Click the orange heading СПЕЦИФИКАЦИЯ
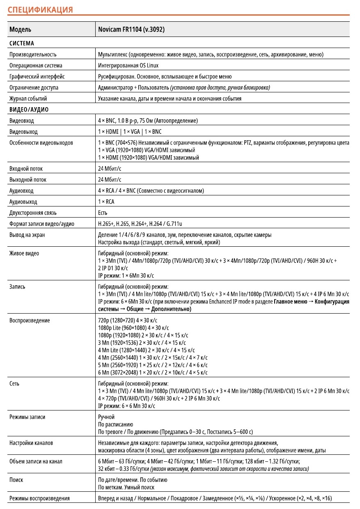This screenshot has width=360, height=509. tap(40, 10)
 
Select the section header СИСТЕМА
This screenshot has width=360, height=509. tap(22, 43)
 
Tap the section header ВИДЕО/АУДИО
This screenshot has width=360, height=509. tap(29, 110)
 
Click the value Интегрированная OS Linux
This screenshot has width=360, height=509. tap(128, 65)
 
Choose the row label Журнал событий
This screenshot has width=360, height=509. tap(28, 99)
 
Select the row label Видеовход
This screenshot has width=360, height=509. tap(22, 121)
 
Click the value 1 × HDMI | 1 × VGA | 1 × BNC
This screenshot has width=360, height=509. tap(130, 132)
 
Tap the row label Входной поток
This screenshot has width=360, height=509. tap(26, 169)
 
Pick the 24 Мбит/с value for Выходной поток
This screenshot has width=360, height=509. tap(110, 180)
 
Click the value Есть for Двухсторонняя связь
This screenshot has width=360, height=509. tap(103, 213)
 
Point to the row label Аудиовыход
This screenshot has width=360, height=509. tap(23, 202)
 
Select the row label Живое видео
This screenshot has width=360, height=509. tap(24, 253)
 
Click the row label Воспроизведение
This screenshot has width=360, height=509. tap(30, 320)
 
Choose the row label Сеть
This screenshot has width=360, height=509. tap(14, 383)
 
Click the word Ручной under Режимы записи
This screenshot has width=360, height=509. tap(106, 417)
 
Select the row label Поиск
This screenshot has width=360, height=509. tap(16, 479)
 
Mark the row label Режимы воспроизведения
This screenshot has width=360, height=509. tap(39, 498)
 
